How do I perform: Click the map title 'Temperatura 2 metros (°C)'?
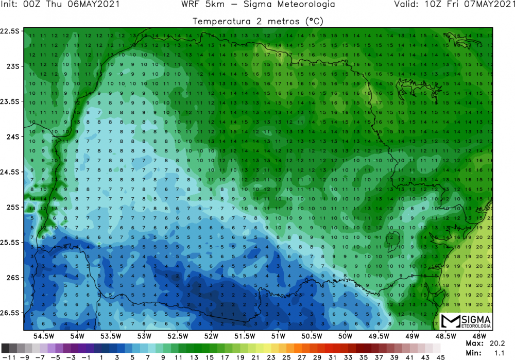[x=257, y=21]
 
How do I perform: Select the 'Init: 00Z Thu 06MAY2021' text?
[x=61, y=5]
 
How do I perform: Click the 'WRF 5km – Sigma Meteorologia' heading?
[x=258, y=5]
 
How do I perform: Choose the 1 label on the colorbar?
[x=101, y=356]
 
